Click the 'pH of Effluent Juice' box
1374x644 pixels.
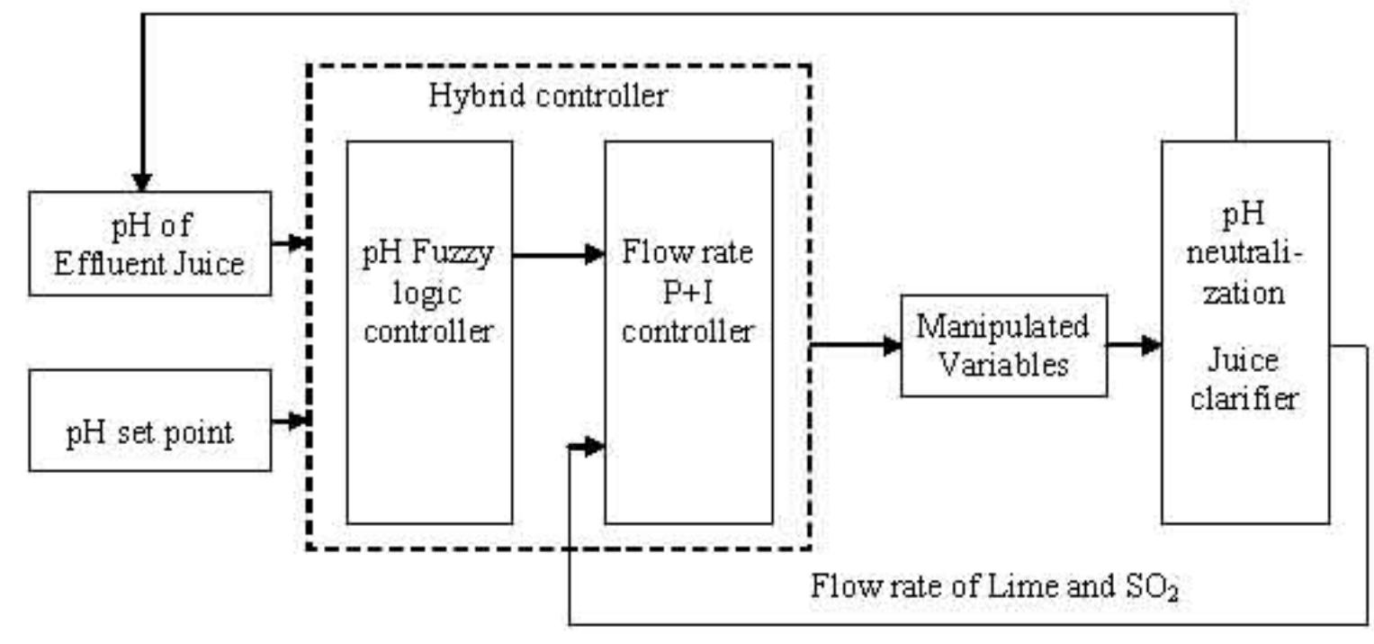tap(149, 243)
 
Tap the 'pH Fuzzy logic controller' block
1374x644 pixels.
tap(428, 331)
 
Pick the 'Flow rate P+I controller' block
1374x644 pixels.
tap(687, 331)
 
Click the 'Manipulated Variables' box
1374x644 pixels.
tap(1003, 345)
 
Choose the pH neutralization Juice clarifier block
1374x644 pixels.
tap(1244, 331)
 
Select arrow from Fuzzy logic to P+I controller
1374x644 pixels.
tap(558, 255)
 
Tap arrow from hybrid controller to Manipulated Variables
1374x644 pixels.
tap(855, 345)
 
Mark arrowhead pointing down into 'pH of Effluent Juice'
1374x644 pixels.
tap(142, 180)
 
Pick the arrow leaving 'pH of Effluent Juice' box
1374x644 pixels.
tap(290, 242)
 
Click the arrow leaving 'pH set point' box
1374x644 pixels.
tap(290, 420)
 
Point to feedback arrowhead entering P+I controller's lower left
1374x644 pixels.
tap(589, 446)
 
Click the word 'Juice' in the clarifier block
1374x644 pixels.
tap(1244, 360)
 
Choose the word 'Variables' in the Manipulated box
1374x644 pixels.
tap(1003, 365)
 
